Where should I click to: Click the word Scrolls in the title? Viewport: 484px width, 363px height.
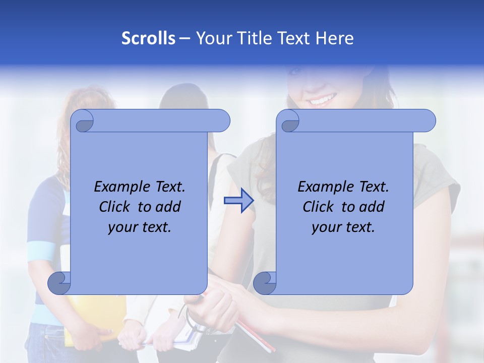click(x=148, y=38)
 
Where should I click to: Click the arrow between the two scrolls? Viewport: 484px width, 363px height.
click(x=238, y=201)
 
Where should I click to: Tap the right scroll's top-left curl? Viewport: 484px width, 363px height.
click(x=289, y=122)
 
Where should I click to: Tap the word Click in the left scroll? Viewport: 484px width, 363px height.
click(x=115, y=207)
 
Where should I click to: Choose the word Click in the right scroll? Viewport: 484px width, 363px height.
click(x=319, y=207)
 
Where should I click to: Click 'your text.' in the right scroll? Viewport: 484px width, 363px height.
click(x=343, y=227)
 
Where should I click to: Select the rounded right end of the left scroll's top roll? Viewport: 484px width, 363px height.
click(x=222, y=121)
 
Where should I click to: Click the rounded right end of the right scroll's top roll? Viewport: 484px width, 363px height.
click(x=428, y=121)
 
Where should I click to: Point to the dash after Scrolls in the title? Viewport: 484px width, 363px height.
click(x=185, y=38)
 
